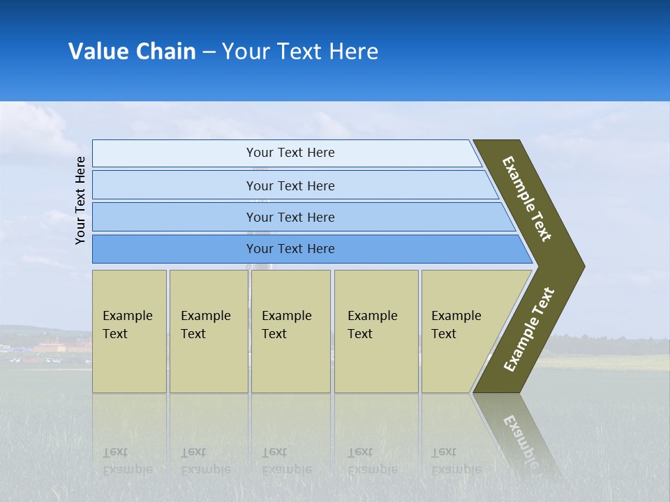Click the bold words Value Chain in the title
click(132, 52)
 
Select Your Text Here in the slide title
click(300, 52)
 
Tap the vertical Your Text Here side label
click(80, 200)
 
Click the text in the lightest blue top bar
click(290, 153)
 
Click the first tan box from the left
click(129, 331)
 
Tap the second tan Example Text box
click(208, 331)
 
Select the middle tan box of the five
click(290, 331)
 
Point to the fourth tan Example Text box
click(375, 331)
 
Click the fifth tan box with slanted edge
click(461, 331)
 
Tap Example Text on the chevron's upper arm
click(527, 199)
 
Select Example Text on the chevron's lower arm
click(529, 330)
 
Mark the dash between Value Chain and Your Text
click(209, 52)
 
